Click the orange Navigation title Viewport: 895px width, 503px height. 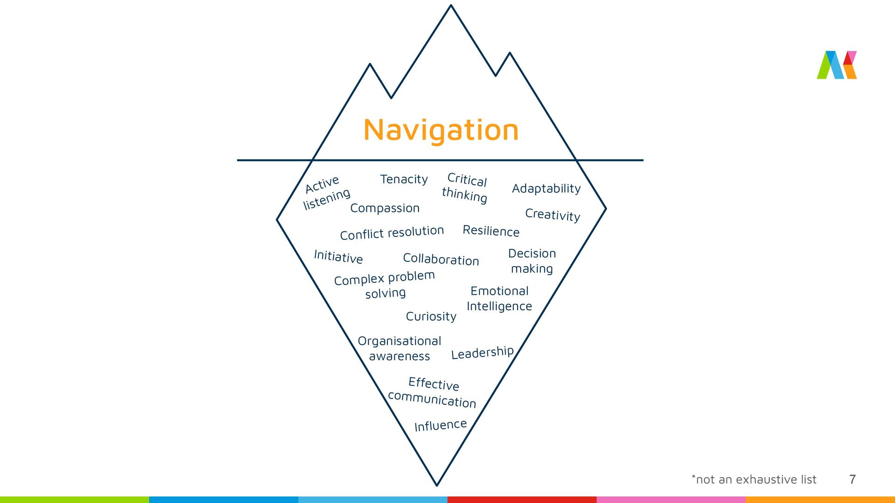coord(441,130)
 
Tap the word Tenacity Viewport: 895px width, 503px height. coord(404,179)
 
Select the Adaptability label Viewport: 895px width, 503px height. coord(546,189)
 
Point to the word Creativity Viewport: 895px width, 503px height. coord(552,215)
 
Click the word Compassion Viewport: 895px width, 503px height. coord(385,208)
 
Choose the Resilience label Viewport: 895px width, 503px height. coord(491,231)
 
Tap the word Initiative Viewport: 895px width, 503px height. coord(338,257)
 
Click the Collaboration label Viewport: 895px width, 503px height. coord(441,259)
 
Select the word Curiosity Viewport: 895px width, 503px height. coord(431,317)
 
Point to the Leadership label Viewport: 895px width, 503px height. coord(482,353)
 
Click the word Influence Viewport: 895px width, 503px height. coord(440,425)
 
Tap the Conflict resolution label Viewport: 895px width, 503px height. coord(392,233)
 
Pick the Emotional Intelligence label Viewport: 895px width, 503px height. coord(499,299)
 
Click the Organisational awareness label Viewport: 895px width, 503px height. coord(399,348)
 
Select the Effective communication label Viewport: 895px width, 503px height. coord(432,392)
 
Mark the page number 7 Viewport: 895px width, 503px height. coord(852,479)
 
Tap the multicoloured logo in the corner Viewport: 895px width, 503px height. coord(837,65)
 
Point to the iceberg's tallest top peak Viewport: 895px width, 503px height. coord(451,6)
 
